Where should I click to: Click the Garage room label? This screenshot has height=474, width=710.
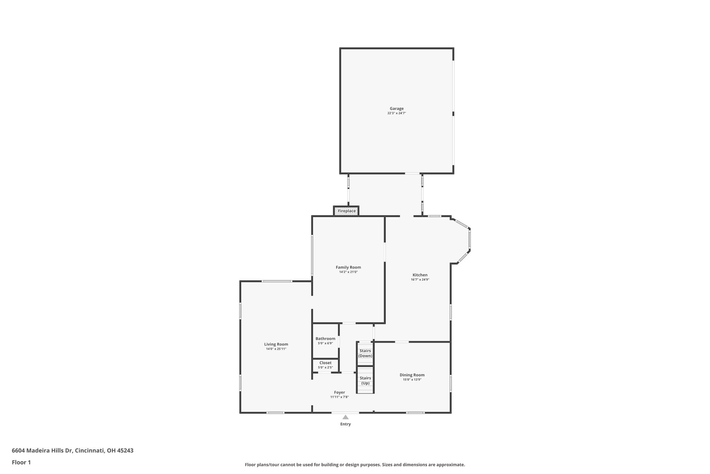point(397,109)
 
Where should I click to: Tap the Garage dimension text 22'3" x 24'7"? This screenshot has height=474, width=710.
point(397,113)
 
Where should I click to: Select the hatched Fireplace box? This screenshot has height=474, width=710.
point(346,211)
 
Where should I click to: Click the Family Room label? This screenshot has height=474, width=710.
point(348,267)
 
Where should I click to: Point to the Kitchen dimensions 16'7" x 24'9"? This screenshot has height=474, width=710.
point(420,280)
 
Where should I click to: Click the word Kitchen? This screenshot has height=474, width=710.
point(420,275)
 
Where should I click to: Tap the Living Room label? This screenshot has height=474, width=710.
point(276,344)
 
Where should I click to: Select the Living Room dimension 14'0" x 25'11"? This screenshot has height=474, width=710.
point(276,349)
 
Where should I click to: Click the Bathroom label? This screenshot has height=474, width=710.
point(326,339)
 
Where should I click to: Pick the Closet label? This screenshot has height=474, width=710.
point(326,363)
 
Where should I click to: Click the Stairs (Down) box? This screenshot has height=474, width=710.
point(365,354)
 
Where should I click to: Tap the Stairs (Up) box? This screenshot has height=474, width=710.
point(365,380)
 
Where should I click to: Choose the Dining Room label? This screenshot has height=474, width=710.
point(412,375)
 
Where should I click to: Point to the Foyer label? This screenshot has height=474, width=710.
point(339,393)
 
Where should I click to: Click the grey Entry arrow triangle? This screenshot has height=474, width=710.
point(346,417)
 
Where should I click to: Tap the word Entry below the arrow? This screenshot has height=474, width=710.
point(346,424)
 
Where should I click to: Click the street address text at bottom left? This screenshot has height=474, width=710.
point(72,451)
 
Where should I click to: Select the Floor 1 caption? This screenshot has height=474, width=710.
point(21,463)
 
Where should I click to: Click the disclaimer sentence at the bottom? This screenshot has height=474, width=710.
point(355,465)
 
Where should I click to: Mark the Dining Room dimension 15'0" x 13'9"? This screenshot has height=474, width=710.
point(412,380)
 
